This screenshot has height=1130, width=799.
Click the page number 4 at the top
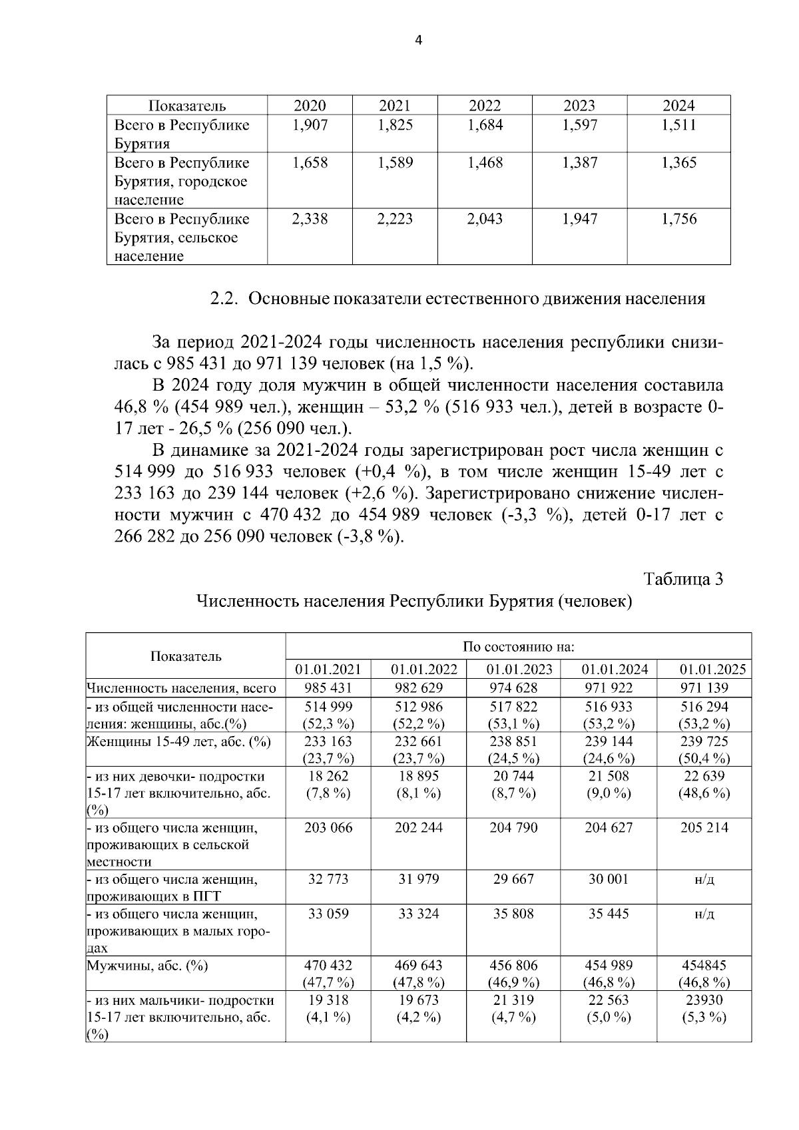coord(418,40)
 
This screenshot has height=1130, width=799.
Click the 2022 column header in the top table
coord(485,105)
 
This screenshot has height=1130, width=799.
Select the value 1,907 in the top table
coord(310,125)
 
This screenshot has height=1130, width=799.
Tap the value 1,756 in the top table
coord(678,219)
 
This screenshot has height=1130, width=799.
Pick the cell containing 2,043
coord(485,219)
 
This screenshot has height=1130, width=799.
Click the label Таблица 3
coord(683,579)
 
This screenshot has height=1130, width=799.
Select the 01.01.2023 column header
coord(513,669)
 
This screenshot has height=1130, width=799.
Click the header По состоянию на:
coord(518,647)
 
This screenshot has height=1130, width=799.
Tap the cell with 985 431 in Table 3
coord(328,688)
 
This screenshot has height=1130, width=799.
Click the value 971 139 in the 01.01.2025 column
coord(704,688)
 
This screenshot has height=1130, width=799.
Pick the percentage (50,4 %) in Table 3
coord(704,758)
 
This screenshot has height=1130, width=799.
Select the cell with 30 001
coord(608,879)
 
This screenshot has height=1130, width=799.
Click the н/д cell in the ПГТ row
coord(704,879)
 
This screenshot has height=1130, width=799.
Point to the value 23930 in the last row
coord(704,1000)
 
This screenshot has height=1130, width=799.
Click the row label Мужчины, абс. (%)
coord(147,966)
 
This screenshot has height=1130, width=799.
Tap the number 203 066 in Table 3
coord(328,828)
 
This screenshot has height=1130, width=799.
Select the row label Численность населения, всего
coord(181,688)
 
